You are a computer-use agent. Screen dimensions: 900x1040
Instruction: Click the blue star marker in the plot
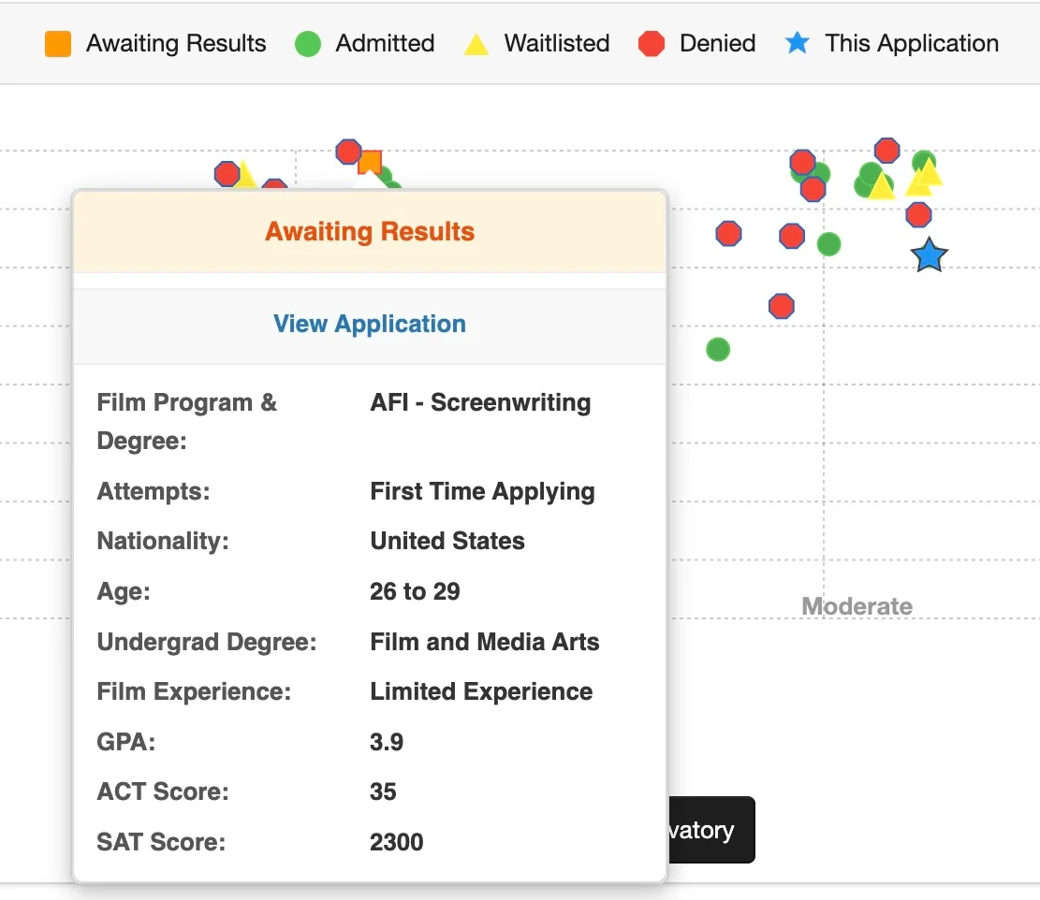[929, 255]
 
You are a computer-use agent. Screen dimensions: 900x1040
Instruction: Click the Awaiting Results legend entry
[155, 44]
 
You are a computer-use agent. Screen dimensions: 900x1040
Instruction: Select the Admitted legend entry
[364, 44]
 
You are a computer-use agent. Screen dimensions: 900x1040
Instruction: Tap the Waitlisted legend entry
[536, 44]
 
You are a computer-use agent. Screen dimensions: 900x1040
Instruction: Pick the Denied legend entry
[696, 44]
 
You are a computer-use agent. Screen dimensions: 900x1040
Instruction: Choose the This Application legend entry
[891, 44]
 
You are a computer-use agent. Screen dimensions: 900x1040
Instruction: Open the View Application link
[370, 325]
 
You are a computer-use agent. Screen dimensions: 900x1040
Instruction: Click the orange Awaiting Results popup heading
[370, 232]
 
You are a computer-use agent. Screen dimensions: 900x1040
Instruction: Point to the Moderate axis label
[857, 606]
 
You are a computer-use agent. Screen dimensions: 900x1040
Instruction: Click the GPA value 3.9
[387, 742]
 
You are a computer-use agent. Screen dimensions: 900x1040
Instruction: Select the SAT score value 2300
[397, 842]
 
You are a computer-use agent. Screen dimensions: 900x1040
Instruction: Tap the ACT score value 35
[384, 791]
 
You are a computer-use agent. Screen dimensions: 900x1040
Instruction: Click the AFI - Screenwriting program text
[480, 403]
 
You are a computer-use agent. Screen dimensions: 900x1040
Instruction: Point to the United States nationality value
[447, 541]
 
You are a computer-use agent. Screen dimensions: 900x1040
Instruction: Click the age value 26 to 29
[415, 591]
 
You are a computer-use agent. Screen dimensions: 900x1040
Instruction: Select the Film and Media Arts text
[485, 642]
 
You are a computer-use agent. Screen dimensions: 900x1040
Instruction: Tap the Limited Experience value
[481, 691]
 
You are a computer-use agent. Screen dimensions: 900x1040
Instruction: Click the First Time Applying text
[482, 491]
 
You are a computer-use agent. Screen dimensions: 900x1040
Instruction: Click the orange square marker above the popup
[370, 163]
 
